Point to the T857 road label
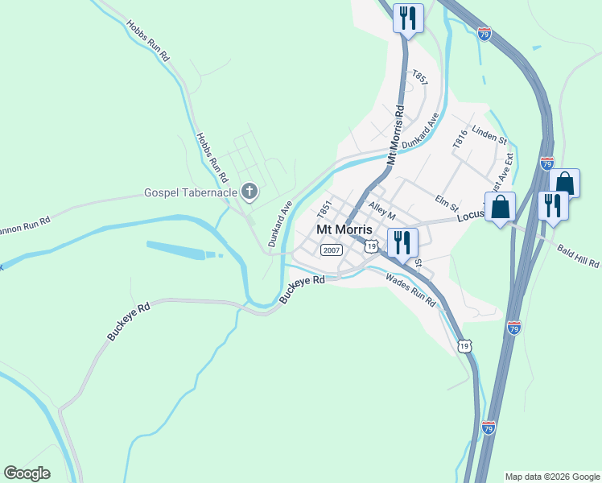(x=419, y=78)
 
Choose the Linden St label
(x=489, y=133)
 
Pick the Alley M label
(x=382, y=212)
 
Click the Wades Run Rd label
(x=410, y=291)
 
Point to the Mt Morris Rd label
(x=394, y=135)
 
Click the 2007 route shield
(x=331, y=250)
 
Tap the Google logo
(x=27, y=473)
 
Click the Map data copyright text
(x=551, y=477)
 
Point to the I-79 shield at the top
(x=483, y=34)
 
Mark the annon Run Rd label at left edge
(x=24, y=220)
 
